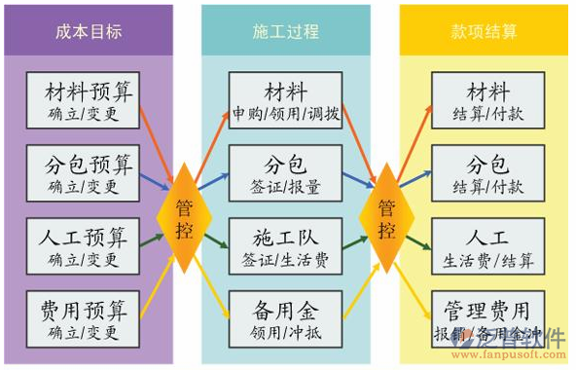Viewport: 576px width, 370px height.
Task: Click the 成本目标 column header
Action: pos(89,30)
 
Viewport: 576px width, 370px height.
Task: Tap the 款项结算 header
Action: pos(486,30)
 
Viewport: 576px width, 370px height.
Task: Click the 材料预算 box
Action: pos(85,99)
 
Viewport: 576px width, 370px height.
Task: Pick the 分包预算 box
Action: pos(85,171)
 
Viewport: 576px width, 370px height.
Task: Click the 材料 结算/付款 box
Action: pos(486,99)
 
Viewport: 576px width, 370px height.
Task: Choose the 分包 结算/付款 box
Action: pos(486,171)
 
